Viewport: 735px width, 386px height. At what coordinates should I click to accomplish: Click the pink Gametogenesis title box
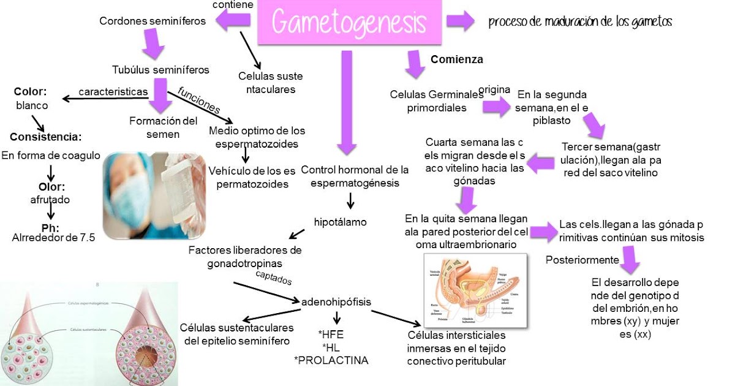click(349, 23)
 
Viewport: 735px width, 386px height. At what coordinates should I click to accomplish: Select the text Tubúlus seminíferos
click(160, 69)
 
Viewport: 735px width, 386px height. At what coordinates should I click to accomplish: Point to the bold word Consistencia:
click(46, 136)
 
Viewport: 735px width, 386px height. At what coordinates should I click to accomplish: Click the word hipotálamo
click(341, 222)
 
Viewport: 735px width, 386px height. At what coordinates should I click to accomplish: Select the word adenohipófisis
click(336, 301)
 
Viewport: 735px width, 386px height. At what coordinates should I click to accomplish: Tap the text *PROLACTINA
click(331, 360)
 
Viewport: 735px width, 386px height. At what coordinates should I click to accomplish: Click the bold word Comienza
click(457, 59)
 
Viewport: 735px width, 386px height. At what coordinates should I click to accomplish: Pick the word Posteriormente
click(582, 260)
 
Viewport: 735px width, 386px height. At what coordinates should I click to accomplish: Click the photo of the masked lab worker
click(154, 195)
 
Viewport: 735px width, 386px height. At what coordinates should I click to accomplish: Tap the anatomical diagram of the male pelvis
click(475, 289)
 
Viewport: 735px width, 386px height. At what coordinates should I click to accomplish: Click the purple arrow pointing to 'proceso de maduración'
click(461, 21)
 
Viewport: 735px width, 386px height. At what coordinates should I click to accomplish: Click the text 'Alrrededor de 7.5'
click(53, 239)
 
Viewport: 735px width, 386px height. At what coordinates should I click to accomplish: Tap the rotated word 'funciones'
click(199, 99)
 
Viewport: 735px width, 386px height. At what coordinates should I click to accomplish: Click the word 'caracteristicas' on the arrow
click(113, 91)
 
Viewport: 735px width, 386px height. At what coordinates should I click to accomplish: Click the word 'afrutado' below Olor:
click(50, 199)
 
